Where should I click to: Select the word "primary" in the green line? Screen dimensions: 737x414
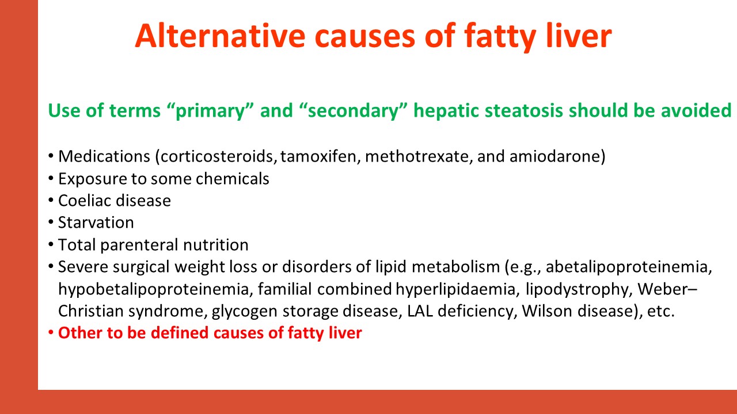click(211, 111)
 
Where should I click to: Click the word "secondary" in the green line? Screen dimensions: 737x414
click(354, 110)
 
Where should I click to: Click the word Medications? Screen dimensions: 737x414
click(104, 156)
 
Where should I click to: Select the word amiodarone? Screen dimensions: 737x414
click(557, 156)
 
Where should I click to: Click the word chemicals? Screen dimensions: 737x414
click(232, 179)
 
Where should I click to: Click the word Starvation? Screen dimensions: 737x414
click(96, 223)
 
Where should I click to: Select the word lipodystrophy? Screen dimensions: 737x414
click(579, 289)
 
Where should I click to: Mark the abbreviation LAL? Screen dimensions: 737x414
click(420, 311)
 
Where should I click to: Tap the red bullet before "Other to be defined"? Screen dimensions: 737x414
click(51, 332)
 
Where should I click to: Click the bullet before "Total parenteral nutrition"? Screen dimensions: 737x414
click(51, 244)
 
